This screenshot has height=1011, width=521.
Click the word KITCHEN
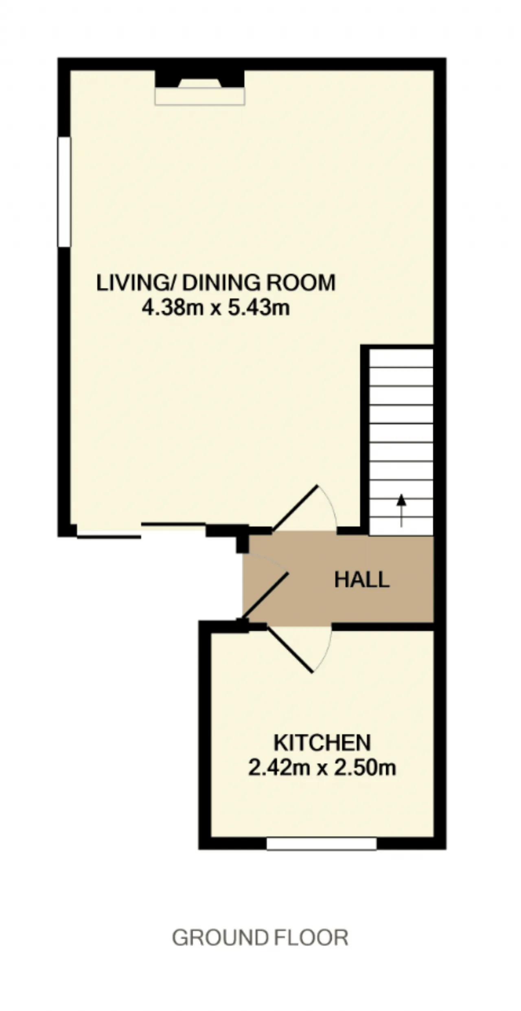point(322,743)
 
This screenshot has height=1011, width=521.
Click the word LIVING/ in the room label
point(136,283)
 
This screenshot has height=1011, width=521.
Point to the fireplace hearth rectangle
point(200,97)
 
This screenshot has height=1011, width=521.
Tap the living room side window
point(64,192)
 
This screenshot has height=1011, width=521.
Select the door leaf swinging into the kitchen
point(290,648)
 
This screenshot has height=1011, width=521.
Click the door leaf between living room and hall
point(295,508)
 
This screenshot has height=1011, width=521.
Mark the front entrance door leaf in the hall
point(266,595)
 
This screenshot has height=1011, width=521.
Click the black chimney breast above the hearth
point(200,79)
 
